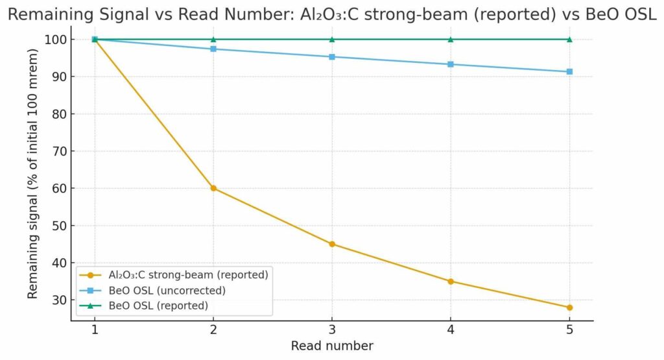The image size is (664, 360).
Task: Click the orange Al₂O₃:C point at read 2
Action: pos(213,188)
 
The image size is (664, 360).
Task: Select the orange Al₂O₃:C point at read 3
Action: pos(332,244)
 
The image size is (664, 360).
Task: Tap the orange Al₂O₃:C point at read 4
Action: pos(451,282)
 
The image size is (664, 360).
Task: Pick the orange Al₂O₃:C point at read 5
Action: pos(569,307)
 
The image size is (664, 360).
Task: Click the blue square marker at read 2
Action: pos(213,49)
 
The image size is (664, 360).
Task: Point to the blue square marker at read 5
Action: pos(569,71)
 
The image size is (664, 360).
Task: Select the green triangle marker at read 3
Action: pos(332,39)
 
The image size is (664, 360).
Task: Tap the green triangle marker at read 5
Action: pos(569,39)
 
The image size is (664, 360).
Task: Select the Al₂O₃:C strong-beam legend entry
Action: pos(172,274)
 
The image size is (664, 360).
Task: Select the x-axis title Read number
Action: pos(332,346)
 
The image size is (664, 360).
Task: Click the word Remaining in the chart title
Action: pos(49,14)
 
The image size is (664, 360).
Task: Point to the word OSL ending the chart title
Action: pos(639,14)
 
